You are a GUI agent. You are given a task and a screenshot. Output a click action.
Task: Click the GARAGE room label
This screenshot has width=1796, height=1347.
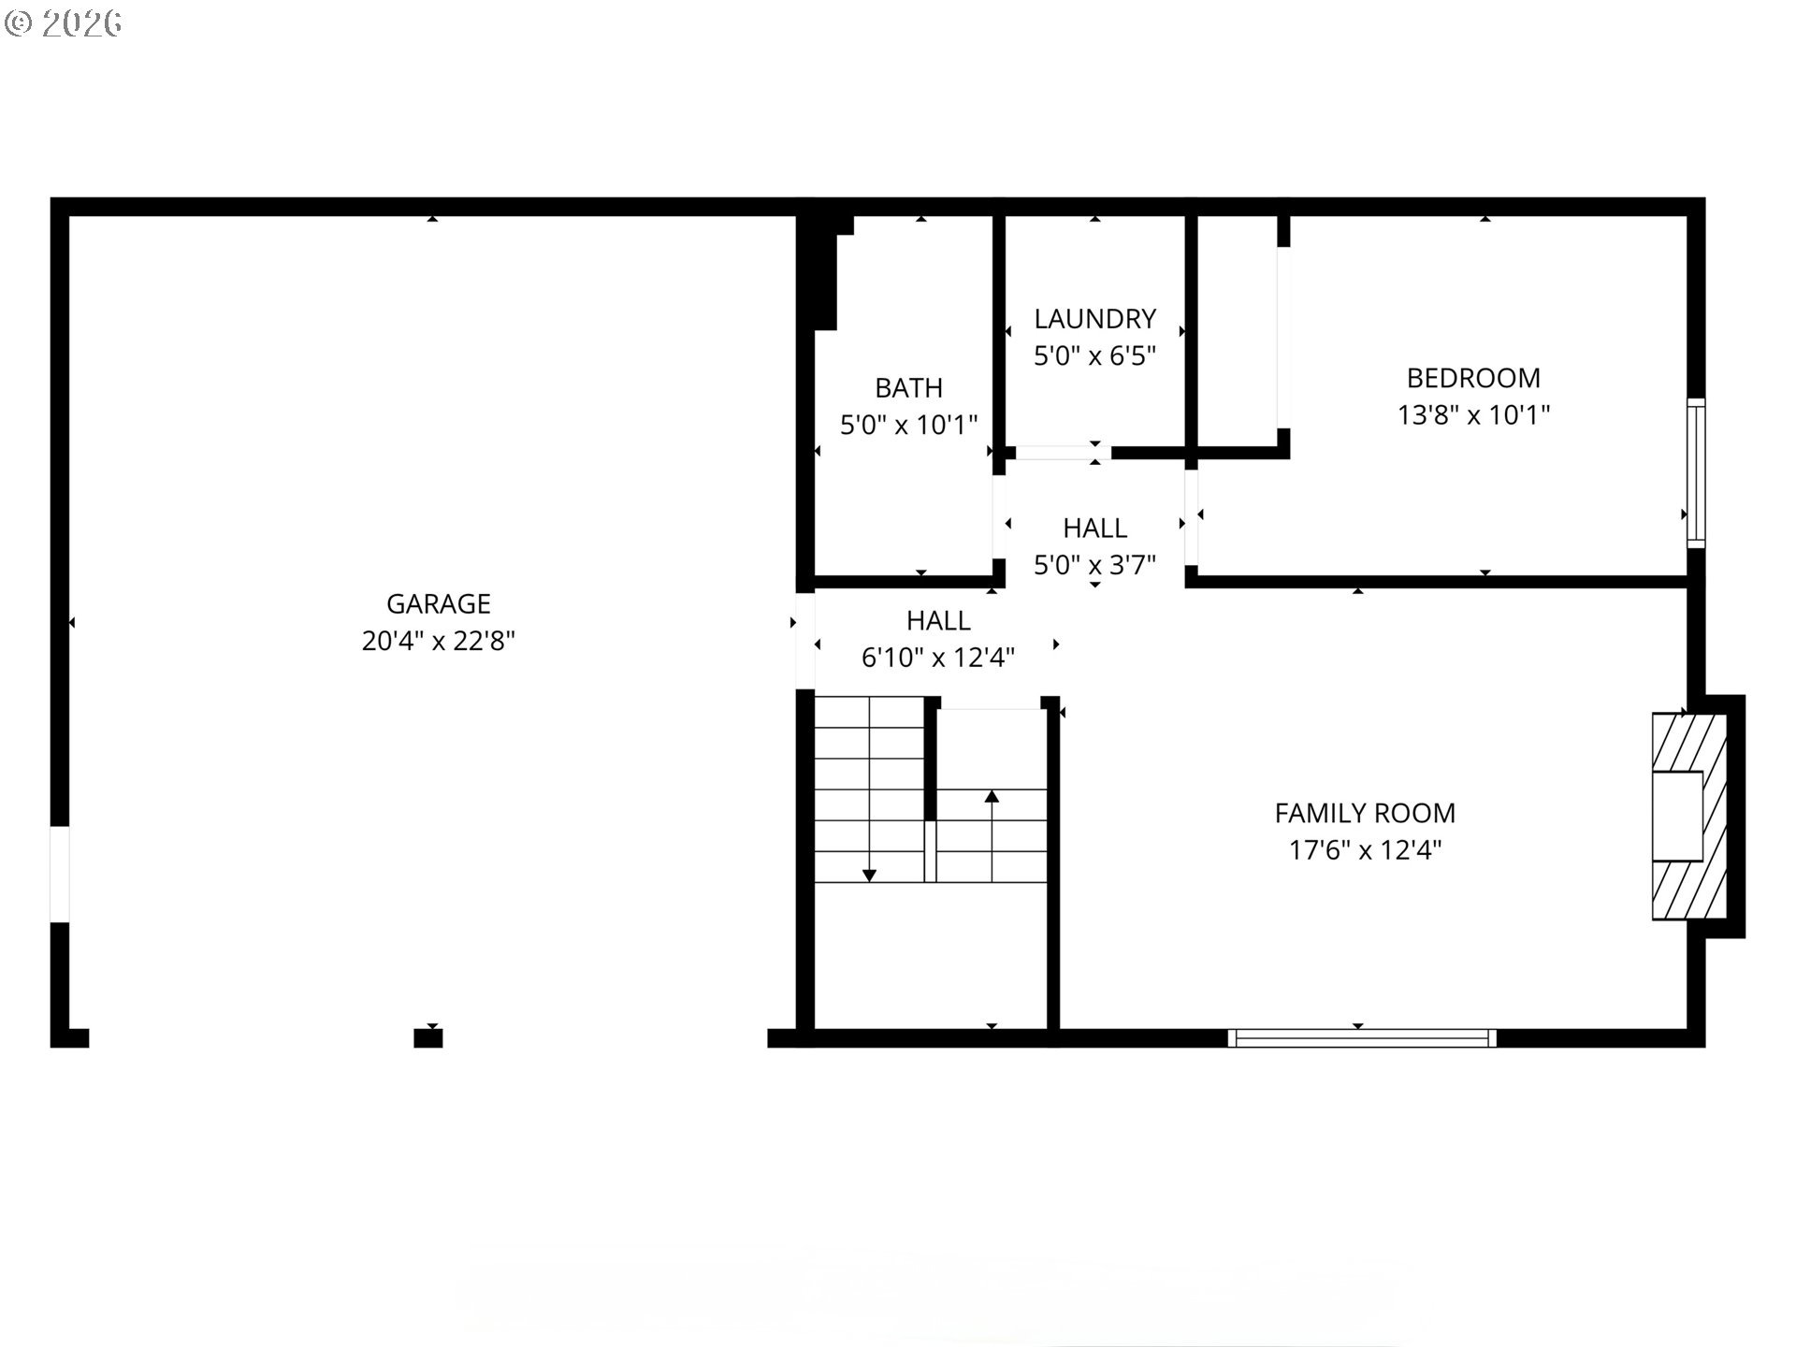tap(439, 603)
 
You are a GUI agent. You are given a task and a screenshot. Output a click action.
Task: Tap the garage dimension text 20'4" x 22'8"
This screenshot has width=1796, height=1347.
tap(439, 641)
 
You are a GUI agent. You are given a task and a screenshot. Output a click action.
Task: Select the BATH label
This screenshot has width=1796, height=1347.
tap(908, 387)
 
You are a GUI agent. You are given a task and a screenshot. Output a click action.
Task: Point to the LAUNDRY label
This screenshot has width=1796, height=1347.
tap(1095, 319)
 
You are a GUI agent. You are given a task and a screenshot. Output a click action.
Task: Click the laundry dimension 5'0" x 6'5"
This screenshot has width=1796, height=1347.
tap(1095, 355)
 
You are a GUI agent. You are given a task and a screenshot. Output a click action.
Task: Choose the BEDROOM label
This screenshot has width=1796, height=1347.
tap(1473, 378)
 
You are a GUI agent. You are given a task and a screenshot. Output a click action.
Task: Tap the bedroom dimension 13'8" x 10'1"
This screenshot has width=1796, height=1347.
tap(1473, 414)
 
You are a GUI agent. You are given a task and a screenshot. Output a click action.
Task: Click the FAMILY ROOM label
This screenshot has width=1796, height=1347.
tap(1365, 813)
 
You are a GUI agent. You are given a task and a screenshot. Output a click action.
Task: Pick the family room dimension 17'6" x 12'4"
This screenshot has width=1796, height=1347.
tap(1365, 850)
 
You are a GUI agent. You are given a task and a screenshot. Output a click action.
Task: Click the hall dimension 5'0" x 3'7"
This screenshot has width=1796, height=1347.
tap(1095, 565)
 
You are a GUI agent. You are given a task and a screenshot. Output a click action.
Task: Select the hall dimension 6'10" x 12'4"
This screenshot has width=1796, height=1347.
tap(938, 658)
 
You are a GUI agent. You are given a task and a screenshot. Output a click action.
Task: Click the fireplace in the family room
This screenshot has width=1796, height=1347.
tap(1689, 816)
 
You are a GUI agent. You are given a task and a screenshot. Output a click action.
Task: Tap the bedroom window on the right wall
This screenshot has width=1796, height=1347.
tap(1696, 473)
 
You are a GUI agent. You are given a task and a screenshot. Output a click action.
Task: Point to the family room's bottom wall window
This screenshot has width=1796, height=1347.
tap(1362, 1037)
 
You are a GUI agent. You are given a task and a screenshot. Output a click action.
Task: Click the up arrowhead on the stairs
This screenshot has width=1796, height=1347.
tap(992, 796)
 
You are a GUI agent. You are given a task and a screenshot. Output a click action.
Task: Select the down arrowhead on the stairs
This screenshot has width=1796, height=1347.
tap(869, 876)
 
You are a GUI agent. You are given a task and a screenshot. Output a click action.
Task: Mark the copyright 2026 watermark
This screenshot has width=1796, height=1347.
tap(63, 23)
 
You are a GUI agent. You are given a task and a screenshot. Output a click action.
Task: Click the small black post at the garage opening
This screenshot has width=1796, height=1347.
tap(428, 1037)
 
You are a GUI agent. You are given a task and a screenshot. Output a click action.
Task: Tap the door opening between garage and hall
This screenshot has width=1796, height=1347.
tap(805, 641)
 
